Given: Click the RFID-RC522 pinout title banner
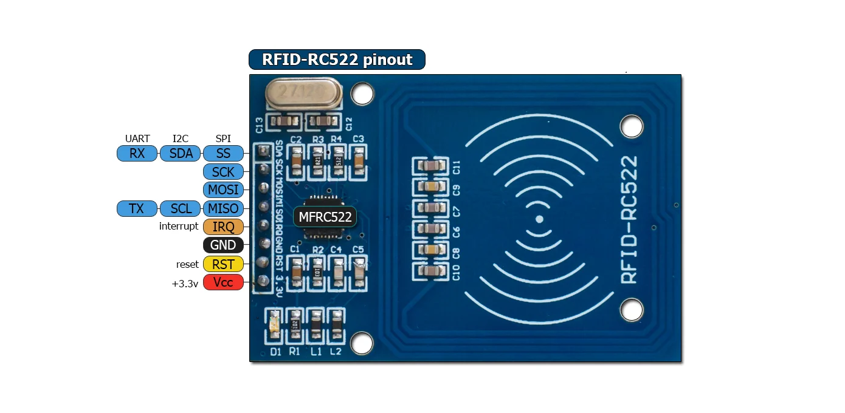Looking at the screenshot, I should pyautogui.click(x=337, y=60).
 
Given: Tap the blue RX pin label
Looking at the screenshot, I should pyautogui.click(x=137, y=154).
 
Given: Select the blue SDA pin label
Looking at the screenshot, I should pyautogui.click(x=181, y=154).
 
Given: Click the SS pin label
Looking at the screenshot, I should pyautogui.click(x=223, y=154).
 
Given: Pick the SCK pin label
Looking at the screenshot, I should pyautogui.click(x=223, y=172).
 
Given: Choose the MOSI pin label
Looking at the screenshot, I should pyautogui.click(x=223, y=189).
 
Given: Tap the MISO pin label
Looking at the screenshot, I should pyautogui.click(x=223, y=209).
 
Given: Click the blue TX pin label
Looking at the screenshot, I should pyautogui.click(x=137, y=209).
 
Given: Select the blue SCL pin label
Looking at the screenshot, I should pyautogui.click(x=181, y=209).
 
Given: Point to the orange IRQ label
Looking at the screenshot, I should pyautogui.click(x=223, y=227).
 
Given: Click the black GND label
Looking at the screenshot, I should pyautogui.click(x=223, y=245).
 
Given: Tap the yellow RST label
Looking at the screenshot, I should pyautogui.click(x=223, y=264).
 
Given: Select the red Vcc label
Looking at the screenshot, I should pyautogui.click(x=223, y=282).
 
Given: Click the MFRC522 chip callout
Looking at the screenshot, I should pyautogui.click(x=325, y=217).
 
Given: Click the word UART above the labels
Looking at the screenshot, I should pyautogui.click(x=137, y=139).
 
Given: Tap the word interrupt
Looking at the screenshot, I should pyautogui.click(x=179, y=227).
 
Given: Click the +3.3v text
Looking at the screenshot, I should pyautogui.click(x=185, y=283).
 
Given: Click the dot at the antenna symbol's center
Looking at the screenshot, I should pyautogui.click(x=539, y=219).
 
